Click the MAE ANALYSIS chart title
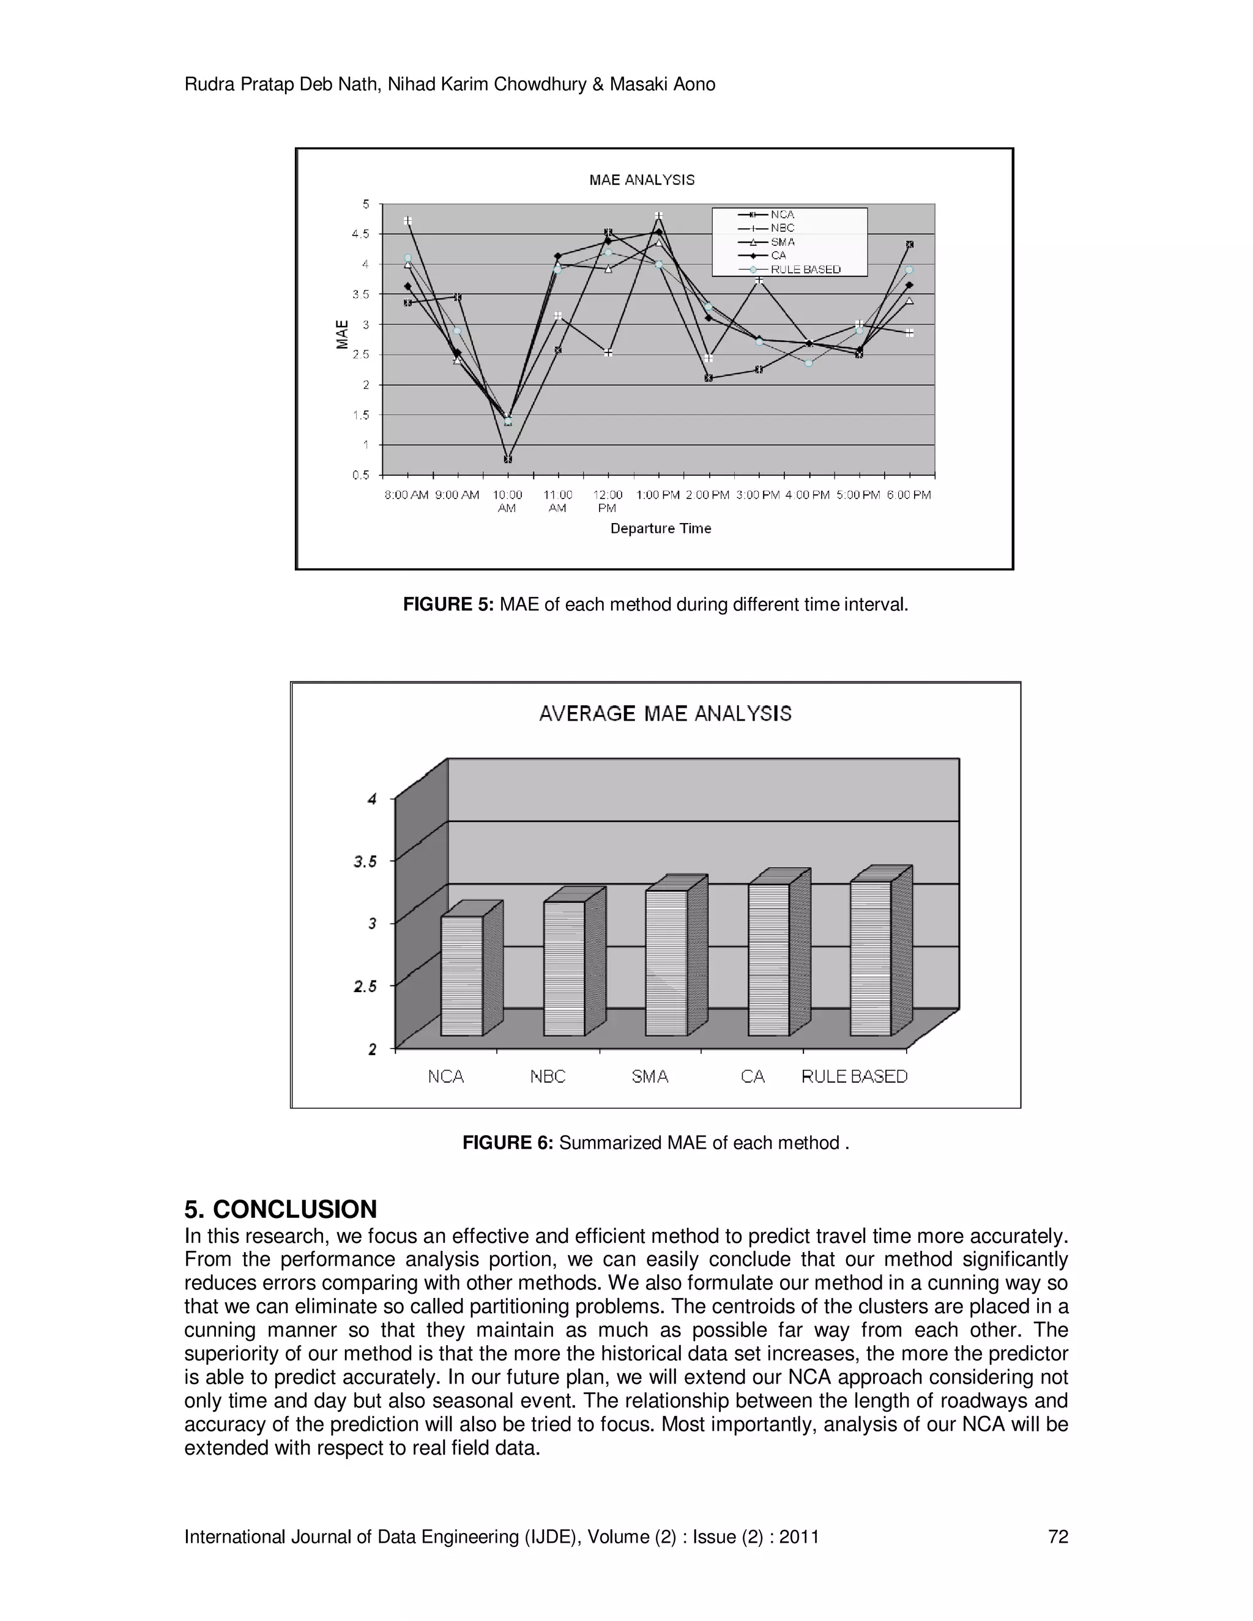tap(641, 180)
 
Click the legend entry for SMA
tap(783, 242)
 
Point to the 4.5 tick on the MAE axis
tap(361, 234)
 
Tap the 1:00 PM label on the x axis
tap(658, 495)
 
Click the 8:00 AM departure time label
tap(406, 495)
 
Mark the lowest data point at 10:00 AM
tap(508, 459)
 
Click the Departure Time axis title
tap(661, 529)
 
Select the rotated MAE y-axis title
tap(342, 334)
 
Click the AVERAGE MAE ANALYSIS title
tap(665, 713)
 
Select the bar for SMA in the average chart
tap(666, 963)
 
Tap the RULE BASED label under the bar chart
tap(854, 1076)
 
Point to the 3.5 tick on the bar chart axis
tap(365, 862)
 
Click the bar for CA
tap(768, 959)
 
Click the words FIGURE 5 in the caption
tap(448, 604)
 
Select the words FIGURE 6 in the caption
tap(507, 1142)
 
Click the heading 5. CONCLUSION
tap(281, 1209)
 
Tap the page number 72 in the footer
tap(1058, 1537)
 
